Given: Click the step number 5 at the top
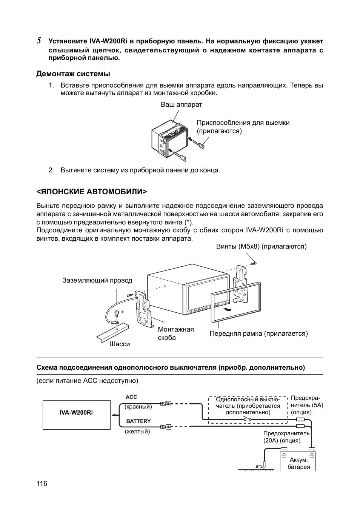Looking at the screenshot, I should [38, 41].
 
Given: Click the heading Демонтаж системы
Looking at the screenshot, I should [73, 74].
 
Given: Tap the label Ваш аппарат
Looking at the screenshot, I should [182, 104].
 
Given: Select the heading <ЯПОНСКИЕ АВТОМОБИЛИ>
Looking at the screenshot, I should [91, 192].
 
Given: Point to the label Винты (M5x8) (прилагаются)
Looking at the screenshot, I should [261, 246].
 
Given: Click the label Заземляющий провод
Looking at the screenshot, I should [97, 280].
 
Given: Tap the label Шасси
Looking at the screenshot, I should [120, 344].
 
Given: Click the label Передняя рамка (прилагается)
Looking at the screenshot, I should [258, 333].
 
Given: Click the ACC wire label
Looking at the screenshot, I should [131, 397].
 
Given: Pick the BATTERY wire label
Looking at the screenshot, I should [138, 421].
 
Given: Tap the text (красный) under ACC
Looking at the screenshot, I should [138, 407].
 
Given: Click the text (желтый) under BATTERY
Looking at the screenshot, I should [137, 432].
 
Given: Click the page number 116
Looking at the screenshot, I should [42, 484].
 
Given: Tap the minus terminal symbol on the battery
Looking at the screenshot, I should [284, 456].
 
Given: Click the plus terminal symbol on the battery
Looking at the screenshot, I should [312, 456].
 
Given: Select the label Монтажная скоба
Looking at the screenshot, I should [175, 333].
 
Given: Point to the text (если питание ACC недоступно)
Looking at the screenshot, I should [88, 381].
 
